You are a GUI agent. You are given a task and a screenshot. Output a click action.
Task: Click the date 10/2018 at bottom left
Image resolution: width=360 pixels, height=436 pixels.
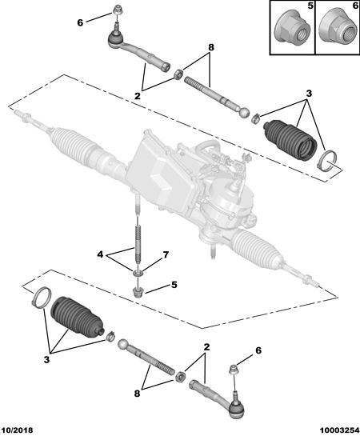click(17, 430)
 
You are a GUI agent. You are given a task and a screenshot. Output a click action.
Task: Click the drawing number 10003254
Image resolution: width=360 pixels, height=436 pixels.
click(338, 430)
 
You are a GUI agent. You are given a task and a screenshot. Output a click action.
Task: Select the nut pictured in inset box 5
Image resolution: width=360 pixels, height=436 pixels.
click(292, 28)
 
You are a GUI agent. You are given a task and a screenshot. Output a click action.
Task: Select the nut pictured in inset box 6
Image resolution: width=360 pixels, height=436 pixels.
click(338, 28)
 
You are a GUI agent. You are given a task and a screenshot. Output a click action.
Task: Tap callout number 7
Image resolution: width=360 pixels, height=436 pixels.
click(166, 254)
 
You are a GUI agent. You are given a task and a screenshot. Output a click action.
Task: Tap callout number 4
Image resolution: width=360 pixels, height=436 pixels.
click(100, 254)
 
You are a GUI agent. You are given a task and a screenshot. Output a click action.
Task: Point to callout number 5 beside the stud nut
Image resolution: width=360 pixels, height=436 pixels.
click(174, 285)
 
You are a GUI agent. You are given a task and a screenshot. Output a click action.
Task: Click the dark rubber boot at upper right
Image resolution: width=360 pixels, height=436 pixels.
click(290, 140)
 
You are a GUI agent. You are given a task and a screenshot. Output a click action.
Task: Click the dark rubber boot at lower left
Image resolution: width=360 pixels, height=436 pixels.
click(77, 318)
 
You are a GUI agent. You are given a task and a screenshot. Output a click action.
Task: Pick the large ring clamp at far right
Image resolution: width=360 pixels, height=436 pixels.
click(327, 161)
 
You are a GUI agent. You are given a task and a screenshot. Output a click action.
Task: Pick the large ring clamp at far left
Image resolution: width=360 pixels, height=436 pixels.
click(42, 298)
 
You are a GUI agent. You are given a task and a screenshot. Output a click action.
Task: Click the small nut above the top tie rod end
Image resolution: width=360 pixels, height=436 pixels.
click(117, 10)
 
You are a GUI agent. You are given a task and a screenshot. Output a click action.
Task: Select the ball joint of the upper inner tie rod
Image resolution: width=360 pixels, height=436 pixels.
click(245, 113)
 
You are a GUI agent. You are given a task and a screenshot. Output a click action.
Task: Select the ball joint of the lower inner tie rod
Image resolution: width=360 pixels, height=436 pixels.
click(122, 345)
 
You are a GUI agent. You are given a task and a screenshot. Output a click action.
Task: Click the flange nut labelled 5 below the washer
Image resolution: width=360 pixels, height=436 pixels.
click(138, 292)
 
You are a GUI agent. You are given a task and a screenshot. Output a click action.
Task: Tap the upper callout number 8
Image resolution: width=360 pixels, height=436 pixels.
click(211, 47)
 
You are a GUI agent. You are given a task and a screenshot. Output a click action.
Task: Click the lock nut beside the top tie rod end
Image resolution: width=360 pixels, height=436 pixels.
click(178, 74)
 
